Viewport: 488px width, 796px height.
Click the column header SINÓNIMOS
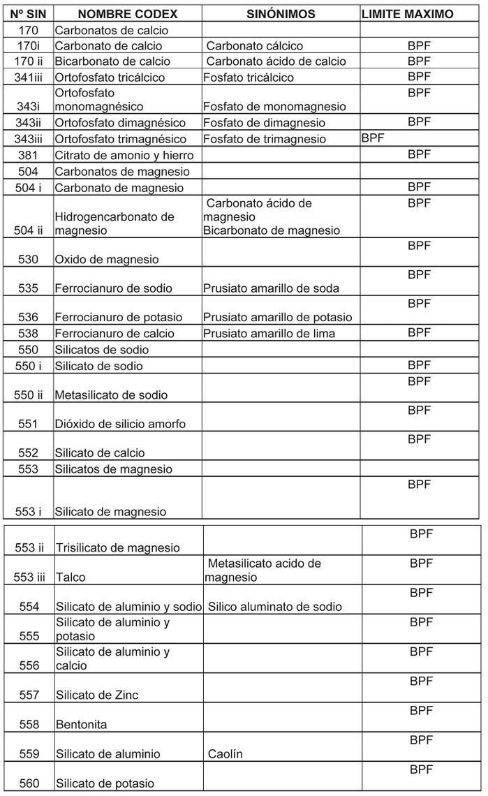click(x=281, y=14)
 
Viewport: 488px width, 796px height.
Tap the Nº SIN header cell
click(x=28, y=14)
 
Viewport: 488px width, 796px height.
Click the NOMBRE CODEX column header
click(x=128, y=14)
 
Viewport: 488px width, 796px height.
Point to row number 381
click(x=28, y=155)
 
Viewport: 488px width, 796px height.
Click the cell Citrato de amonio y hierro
click(x=124, y=155)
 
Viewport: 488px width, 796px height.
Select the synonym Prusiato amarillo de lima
click(x=269, y=334)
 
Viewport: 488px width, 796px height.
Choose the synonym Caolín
click(x=225, y=754)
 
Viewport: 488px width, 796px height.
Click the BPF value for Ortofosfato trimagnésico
click(x=373, y=138)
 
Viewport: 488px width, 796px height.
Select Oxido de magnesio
click(x=106, y=260)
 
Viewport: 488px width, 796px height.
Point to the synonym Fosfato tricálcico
click(x=249, y=78)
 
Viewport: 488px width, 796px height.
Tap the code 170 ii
click(x=28, y=61)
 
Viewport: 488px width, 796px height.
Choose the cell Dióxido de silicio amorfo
click(x=120, y=424)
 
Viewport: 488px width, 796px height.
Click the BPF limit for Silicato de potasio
click(x=421, y=769)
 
